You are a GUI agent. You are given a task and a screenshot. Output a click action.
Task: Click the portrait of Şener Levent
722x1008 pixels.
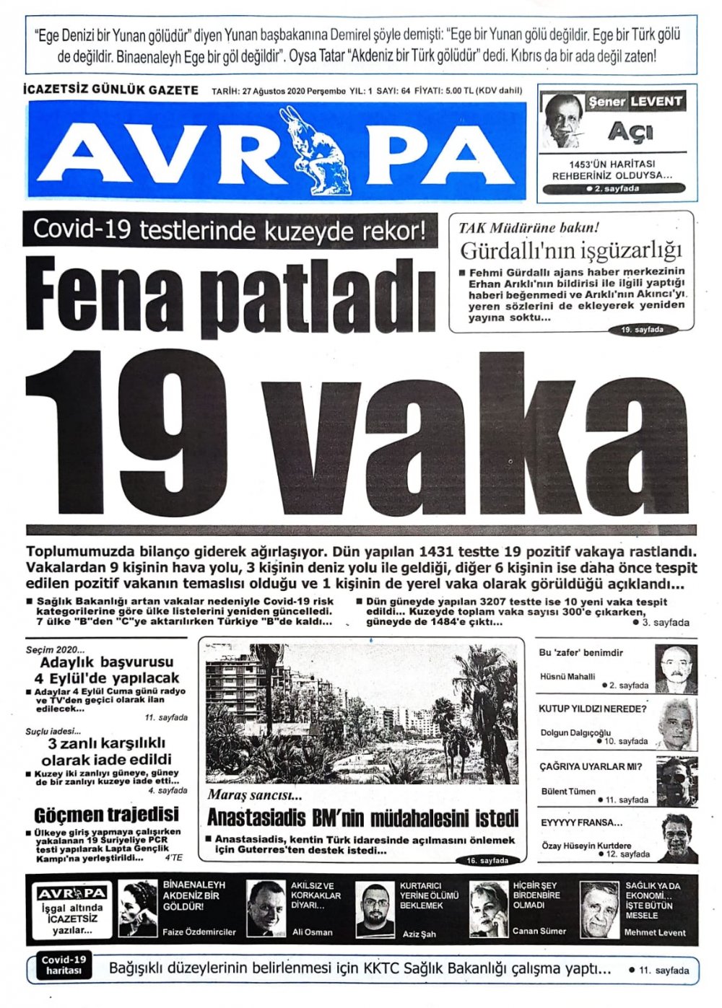(x=562, y=120)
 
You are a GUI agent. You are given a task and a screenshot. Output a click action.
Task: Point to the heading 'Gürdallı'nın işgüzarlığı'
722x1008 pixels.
(x=571, y=251)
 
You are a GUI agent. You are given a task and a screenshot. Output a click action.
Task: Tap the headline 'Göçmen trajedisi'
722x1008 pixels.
(x=106, y=815)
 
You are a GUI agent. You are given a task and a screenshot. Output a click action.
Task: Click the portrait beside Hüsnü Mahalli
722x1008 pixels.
(x=675, y=669)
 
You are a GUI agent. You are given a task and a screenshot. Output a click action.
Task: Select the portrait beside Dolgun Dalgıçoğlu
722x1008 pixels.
(x=677, y=724)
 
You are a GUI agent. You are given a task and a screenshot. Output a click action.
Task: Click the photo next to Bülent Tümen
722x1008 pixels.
(x=677, y=781)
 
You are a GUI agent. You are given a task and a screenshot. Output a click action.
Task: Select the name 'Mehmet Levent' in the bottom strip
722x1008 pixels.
(x=655, y=932)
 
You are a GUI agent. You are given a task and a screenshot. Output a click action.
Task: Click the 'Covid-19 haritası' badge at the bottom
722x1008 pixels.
(x=64, y=965)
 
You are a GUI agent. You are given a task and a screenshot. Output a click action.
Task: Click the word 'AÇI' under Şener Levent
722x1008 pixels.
(x=630, y=131)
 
